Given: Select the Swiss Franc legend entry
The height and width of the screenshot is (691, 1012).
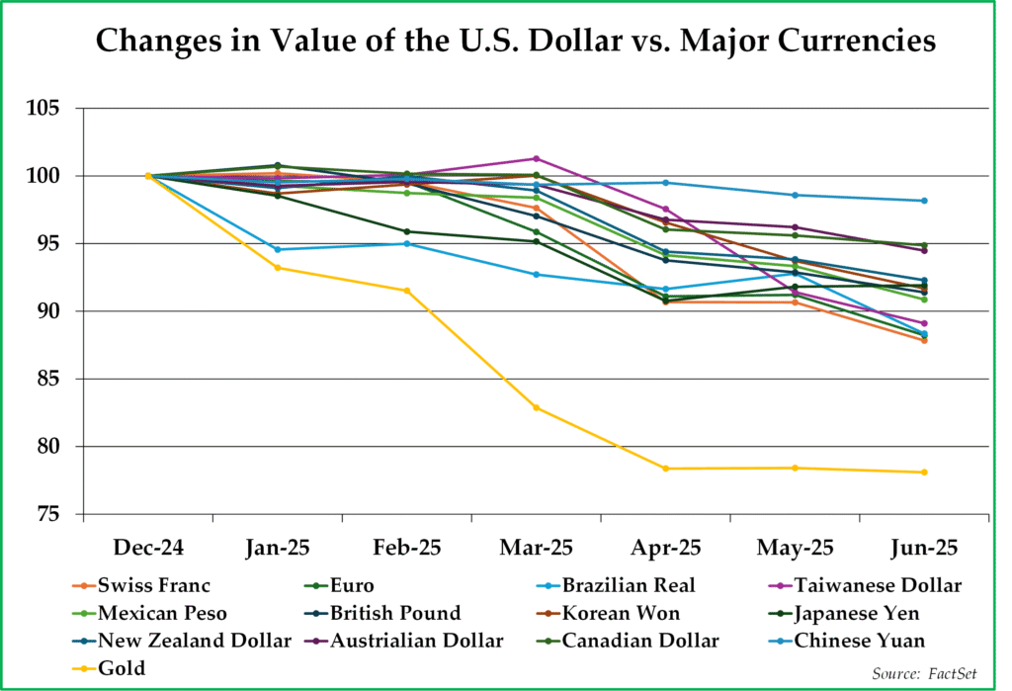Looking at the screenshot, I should [x=147, y=585].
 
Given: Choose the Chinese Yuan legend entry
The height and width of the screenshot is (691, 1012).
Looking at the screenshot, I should [x=857, y=641].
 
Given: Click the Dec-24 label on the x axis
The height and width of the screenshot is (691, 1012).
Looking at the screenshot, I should [x=148, y=547].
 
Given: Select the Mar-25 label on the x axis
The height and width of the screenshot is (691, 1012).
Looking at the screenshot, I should [x=537, y=547].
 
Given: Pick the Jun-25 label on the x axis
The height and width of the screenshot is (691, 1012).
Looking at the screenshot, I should [x=923, y=547].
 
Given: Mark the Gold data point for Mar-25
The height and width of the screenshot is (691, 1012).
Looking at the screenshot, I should [x=537, y=407].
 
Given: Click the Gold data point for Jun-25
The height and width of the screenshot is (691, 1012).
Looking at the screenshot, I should [x=924, y=473].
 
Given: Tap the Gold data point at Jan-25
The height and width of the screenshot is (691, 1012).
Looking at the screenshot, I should [x=278, y=268].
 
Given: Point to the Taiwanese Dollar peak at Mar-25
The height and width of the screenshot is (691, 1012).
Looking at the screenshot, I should [x=537, y=158].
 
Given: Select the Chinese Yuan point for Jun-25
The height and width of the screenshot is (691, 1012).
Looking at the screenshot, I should [x=924, y=201].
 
